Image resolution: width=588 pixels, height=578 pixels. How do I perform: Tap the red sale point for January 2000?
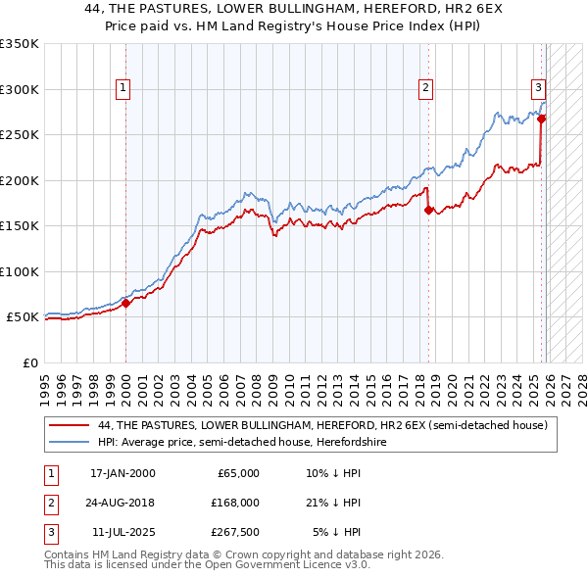point(126,303)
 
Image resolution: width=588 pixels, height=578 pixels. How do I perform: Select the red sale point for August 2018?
point(428,209)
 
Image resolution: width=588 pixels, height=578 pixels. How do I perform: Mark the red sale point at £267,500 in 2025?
point(541,119)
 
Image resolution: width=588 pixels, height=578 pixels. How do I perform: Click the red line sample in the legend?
point(69,426)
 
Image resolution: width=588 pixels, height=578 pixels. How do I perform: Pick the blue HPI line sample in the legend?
point(69,443)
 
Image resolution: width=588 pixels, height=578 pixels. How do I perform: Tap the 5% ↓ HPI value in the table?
point(337,532)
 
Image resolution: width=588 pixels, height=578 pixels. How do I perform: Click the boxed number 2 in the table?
point(48,503)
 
